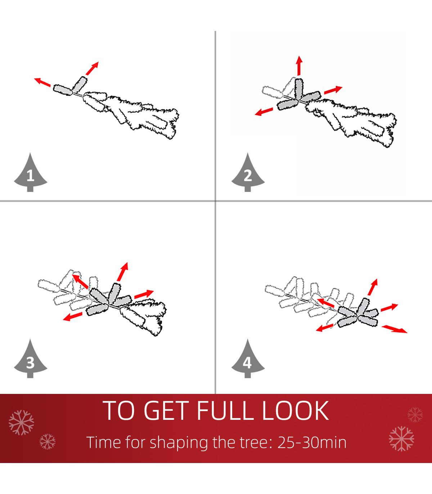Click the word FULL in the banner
(x=225, y=410)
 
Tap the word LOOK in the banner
(x=296, y=410)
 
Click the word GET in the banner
(x=166, y=410)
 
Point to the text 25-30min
(x=312, y=443)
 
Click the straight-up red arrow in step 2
(x=299, y=66)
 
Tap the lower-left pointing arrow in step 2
(x=264, y=112)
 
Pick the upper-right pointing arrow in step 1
(x=92, y=68)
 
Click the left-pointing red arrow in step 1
(x=42, y=82)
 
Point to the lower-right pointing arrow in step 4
(x=394, y=329)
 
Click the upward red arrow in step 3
(x=123, y=271)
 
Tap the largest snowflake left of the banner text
(x=21, y=423)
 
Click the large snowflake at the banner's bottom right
(x=402, y=439)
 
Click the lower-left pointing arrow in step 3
(x=72, y=316)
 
